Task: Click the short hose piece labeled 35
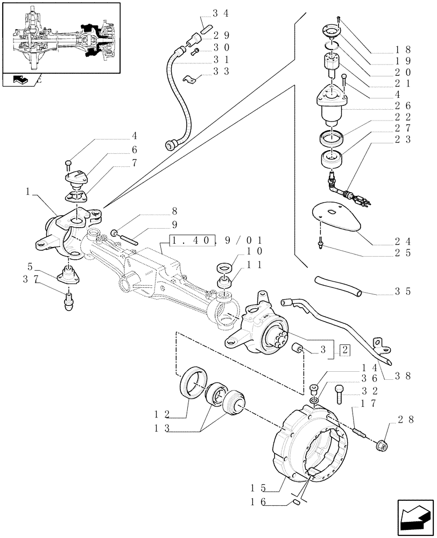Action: [x=337, y=286]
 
